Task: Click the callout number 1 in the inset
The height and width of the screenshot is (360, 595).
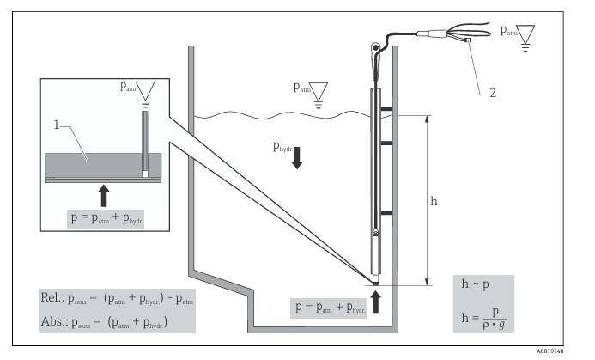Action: tap(56, 126)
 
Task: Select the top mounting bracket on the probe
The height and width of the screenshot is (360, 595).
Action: tap(387, 109)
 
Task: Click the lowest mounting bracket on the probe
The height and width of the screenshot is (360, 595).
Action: tap(387, 211)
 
